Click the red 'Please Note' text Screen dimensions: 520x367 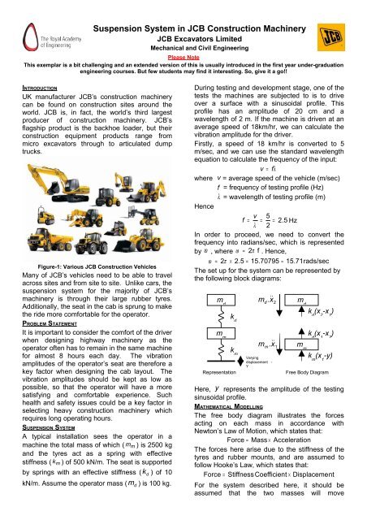coord(183,58)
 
